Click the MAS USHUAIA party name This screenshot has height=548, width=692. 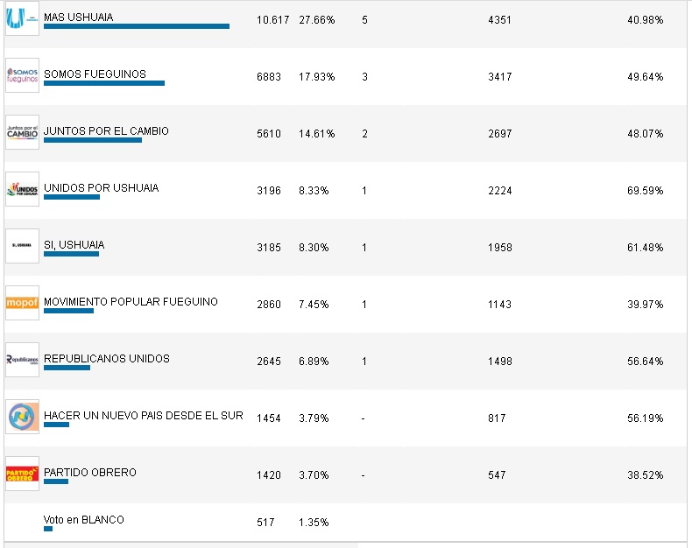click(78, 18)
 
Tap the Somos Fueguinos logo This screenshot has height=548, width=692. click(22, 75)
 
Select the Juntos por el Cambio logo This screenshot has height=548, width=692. click(22, 132)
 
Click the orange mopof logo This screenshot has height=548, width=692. click(22, 303)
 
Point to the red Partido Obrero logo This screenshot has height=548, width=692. click(22, 474)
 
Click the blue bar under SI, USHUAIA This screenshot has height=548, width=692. click(71, 254)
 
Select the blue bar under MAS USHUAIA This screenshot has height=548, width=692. click(136, 26)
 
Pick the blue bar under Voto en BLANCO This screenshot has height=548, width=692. click(48, 529)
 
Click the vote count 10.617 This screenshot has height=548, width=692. click(272, 19)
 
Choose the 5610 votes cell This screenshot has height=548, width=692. click(269, 133)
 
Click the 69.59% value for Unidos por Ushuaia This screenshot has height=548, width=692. click(646, 190)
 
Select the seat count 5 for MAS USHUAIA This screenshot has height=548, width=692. click(364, 19)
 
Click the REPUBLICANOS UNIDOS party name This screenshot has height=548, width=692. click(106, 359)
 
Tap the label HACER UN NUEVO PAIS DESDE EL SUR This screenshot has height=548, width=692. click(143, 415)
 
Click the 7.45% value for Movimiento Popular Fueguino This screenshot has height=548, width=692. click(313, 304)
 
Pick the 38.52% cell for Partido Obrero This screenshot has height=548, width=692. click(646, 474)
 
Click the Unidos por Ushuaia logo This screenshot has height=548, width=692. click(22, 189)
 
